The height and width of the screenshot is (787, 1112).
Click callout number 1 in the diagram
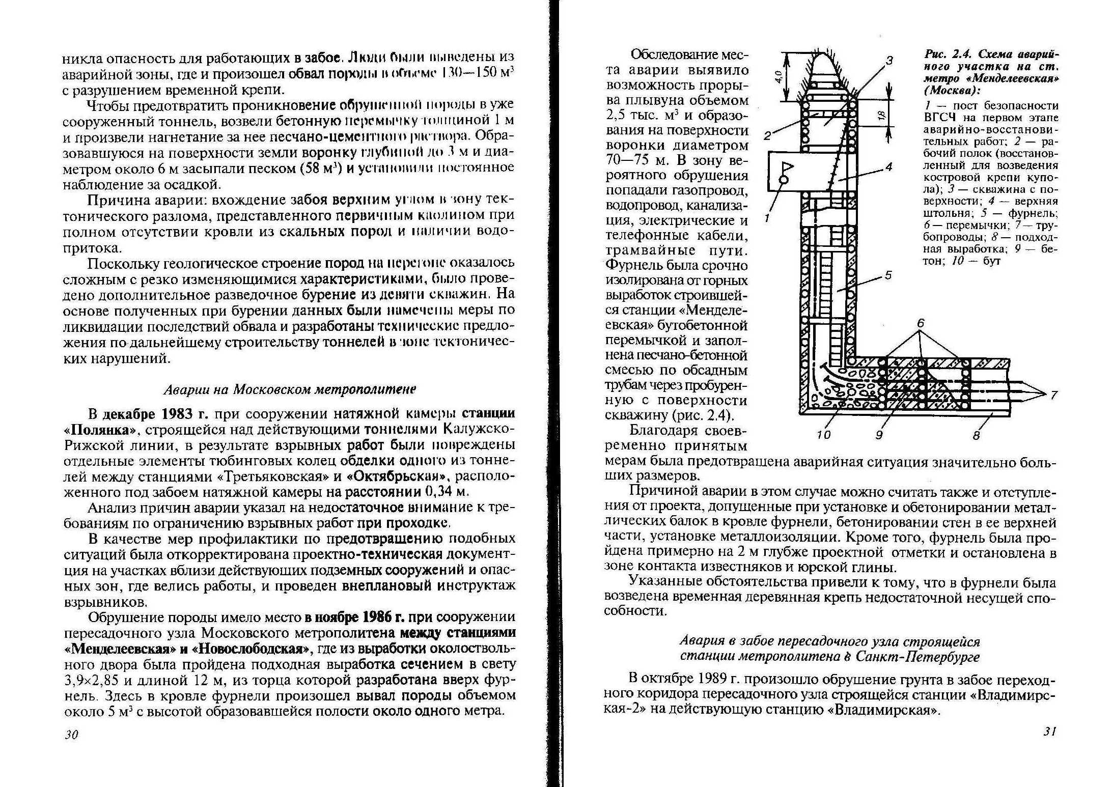coord(767,218)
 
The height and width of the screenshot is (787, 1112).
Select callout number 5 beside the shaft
coord(888,275)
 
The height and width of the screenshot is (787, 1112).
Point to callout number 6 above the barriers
coord(921,324)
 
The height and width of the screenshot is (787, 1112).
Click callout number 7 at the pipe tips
coord(1053,395)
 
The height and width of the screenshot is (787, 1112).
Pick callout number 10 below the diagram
coord(823,434)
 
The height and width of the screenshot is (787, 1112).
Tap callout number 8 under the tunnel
coord(976,435)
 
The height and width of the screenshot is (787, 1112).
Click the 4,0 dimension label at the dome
coord(777,77)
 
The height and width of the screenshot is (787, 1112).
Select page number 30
coord(71,735)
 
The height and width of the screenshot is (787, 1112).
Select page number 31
coord(1050,732)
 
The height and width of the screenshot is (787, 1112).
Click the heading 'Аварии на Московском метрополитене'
coord(290,389)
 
